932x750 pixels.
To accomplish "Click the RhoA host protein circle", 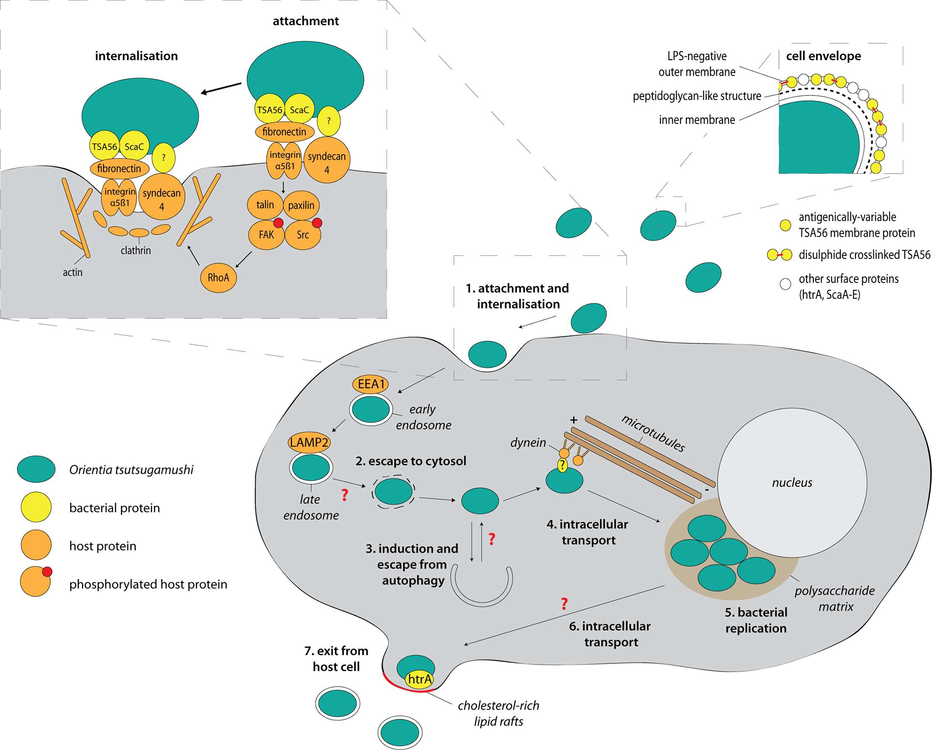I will tap(218, 277).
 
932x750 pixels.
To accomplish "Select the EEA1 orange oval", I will tap(371, 384).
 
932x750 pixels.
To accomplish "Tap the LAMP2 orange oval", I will tap(309, 442).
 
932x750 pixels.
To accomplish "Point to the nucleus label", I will tap(792, 483).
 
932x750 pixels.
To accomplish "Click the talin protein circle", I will tap(265, 205).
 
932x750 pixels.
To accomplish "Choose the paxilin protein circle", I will tap(301, 205).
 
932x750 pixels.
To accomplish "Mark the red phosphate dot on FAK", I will tap(278, 223).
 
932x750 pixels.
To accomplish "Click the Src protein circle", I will tap(302, 235).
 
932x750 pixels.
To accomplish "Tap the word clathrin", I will tap(136, 251).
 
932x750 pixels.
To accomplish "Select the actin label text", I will tap(73, 272).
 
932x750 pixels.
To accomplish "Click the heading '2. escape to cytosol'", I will tap(410, 461).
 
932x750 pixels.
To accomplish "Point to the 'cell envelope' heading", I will tap(823, 56).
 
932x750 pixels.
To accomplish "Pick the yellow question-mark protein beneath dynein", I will tap(562, 465).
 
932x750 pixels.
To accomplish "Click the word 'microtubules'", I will tap(653, 433).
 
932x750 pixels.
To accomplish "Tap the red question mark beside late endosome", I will tap(344, 495).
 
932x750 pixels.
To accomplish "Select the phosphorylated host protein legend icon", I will tap(36, 581).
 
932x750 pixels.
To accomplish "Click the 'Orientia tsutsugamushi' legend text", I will tap(131, 470).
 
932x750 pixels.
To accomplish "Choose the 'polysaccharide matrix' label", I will tap(835, 598).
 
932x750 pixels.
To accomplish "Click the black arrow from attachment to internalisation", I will tap(221, 88).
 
